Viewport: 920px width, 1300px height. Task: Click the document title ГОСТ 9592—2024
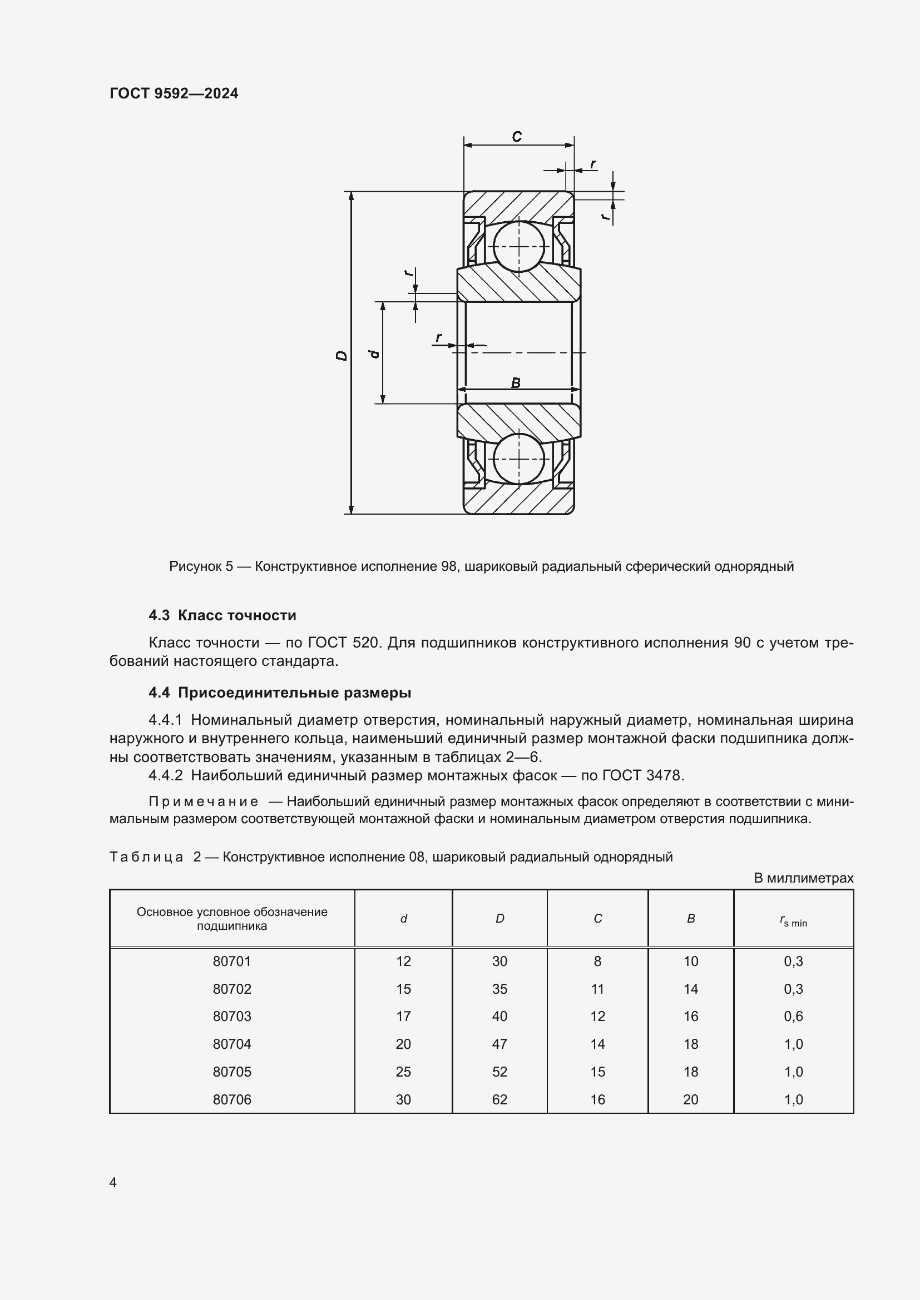tap(174, 93)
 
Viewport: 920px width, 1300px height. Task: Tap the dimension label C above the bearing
tap(517, 137)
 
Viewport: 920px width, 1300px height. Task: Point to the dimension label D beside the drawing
tap(342, 356)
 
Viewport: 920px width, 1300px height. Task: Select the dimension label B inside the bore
tap(516, 383)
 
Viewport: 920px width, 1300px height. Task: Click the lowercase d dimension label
tap(374, 354)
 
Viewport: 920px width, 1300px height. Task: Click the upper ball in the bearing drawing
tap(518, 246)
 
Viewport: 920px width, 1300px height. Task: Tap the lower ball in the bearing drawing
tap(518, 459)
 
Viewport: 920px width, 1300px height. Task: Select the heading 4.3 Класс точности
tap(222, 615)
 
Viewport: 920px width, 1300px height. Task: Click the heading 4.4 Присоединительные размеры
tap(280, 693)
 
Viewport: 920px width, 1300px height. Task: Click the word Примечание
tap(204, 802)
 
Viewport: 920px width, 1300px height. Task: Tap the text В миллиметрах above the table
tap(803, 878)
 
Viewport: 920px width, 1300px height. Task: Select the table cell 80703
tap(232, 1017)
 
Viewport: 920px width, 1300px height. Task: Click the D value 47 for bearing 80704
tap(499, 1044)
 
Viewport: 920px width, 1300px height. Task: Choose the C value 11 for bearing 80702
tap(597, 989)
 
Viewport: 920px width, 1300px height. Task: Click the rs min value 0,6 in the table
tap(793, 1017)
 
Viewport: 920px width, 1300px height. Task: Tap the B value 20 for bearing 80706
tap(691, 1099)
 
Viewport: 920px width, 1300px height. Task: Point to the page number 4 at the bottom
tap(113, 1183)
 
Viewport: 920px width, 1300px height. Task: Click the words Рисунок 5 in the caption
tap(201, 566)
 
